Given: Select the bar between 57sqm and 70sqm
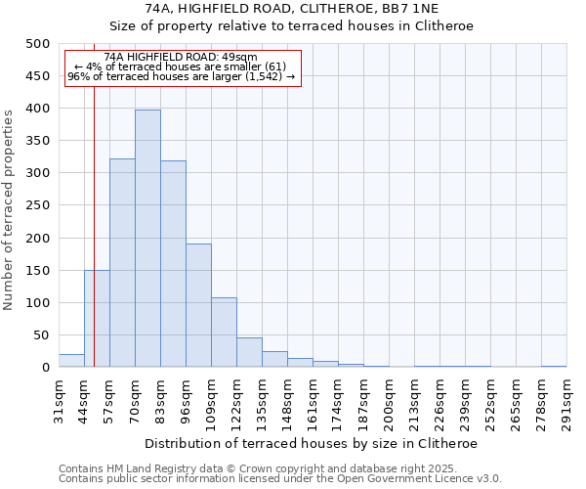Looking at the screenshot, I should (x=122, y=263).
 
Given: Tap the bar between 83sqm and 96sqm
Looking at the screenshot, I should (x=173, y=264).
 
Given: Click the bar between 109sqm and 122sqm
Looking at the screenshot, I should (x=224, y=333).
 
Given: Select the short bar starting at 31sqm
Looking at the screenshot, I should (x=71, y=361).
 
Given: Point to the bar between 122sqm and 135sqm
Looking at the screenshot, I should (x=249, y=353).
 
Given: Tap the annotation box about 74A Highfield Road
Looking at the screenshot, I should (x=182, y=67).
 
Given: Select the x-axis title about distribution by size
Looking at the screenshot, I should (x=312, y=443).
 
